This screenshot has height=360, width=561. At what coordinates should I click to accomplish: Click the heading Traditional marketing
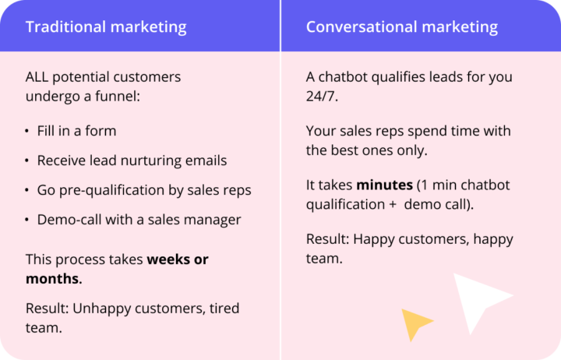pos(106,27)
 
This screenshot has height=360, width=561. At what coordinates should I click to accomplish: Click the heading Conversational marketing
pos(401,27)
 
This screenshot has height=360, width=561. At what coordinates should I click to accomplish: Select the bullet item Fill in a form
pos(76,131)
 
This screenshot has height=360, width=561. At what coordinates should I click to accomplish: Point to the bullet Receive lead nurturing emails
pos(132,161)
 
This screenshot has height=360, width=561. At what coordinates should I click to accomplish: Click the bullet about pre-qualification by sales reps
pos(144,190)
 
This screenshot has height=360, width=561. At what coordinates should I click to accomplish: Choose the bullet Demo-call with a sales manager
pos(139,220)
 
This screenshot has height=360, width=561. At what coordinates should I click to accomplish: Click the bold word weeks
pos(168,259)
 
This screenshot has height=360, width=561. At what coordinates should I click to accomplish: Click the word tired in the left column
pos(223,309)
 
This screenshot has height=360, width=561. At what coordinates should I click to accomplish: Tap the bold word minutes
pos(384,186)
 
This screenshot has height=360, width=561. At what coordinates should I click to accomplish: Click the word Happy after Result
pos(374,239)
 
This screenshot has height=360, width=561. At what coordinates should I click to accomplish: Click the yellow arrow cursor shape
pos(415,322)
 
